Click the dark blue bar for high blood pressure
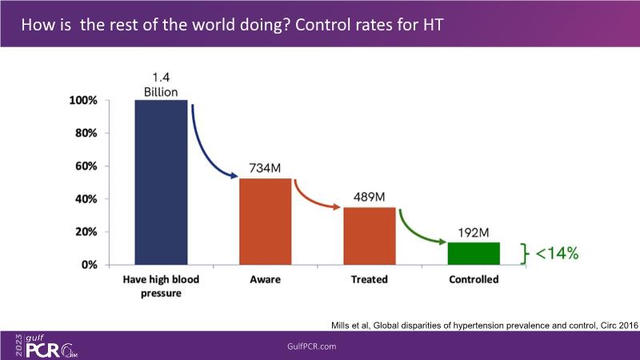pos(161,182)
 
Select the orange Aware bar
pos(266,222)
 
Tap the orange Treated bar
pos(369,236)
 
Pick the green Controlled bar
pos(473,254)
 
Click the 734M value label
pos(265,169)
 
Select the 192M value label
pos(473,233)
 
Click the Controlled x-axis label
pos(473,280)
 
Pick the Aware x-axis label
pos(265,280)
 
